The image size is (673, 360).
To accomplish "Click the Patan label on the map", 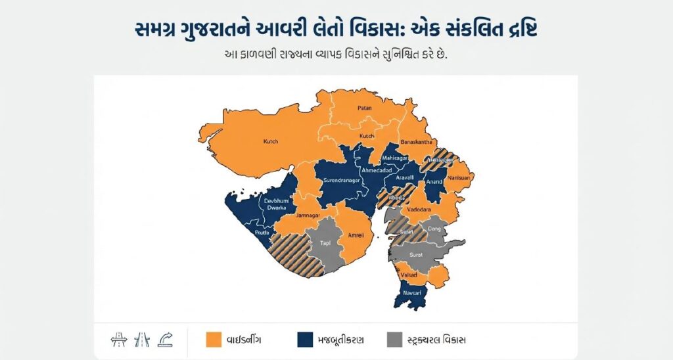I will click(365, 108).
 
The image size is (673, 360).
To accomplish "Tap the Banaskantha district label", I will click(416, 142).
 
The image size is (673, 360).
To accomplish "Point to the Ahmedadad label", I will click(371, 171).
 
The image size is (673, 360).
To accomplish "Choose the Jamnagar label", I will click(308, 215).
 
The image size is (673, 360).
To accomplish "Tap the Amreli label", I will click(356, 235).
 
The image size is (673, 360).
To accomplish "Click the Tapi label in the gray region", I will click(325, 243).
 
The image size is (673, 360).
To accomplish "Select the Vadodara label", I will click(419, 209).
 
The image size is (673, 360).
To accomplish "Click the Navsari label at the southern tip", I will click(413, 291).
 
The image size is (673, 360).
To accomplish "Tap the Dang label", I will click(433, 229).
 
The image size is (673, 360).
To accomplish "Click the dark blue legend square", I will click(304, 339).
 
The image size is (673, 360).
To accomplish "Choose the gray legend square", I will click(394, 339).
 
